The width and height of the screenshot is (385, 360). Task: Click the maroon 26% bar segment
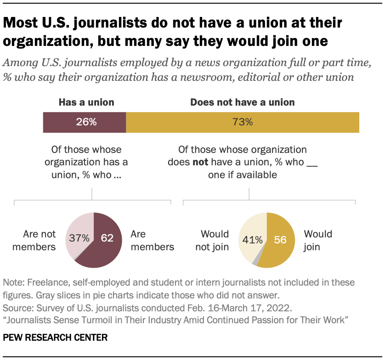[84, 122]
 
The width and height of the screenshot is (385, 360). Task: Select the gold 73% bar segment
[243, 122]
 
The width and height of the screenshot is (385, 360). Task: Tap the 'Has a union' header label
[86, 102]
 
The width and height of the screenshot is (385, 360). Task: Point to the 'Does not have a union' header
[243, 102]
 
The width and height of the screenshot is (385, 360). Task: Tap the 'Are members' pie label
[152, 240]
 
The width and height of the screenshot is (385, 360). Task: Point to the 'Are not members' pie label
[34, 240]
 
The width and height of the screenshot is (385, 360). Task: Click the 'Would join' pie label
[318, 240]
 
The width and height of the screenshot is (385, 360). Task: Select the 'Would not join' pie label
[212, 240]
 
